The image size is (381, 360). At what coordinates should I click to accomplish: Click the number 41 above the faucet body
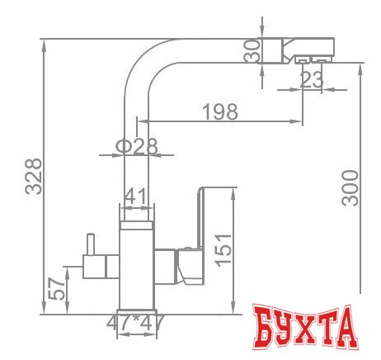tap(136, 196)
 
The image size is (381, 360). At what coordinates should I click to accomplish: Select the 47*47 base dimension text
tap(136, 323)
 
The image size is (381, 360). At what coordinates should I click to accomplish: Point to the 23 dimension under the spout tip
tap(311, 80)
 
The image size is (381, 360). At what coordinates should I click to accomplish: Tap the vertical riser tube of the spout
tap(136, 149)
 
